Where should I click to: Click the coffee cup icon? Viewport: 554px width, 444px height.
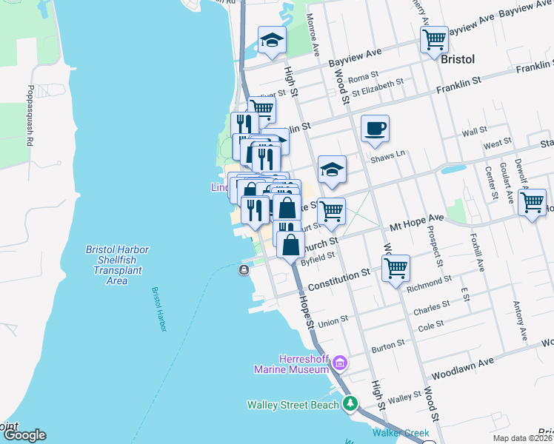[375, 129]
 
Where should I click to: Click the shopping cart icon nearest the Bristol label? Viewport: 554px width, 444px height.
[434, 38]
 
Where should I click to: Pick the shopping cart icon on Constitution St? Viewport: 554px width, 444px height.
[396, 267]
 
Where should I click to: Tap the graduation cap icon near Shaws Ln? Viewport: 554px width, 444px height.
[333, 169]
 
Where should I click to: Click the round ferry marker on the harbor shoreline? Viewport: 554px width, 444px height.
[244, 271]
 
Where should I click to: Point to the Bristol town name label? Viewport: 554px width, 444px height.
[458, 58]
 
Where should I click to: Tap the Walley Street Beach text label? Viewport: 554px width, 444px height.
[293, 404]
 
